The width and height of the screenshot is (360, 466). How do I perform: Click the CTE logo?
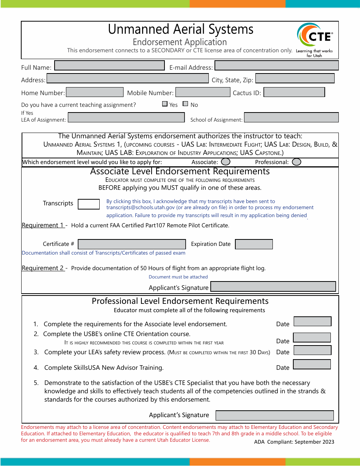(x=314, y=36)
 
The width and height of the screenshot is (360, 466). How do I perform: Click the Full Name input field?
(x=110, y=66)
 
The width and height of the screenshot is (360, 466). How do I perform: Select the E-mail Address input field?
(x=276, y=66)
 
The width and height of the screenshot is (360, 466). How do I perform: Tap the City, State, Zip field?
(x=295, y=78)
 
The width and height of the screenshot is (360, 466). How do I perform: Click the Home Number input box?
(x=95, y=92)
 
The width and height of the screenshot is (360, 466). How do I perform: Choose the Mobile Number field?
(x=203, y=92)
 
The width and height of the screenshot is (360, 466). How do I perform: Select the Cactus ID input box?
(x=294, y=92)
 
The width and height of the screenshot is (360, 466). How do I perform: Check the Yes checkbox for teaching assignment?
(x=165, y=104)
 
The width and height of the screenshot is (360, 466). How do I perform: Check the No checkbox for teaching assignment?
(x=185, y=104)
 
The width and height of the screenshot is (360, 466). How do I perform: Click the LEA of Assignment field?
(x=126, y=117)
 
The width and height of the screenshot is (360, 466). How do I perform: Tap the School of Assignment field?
(x=291, y=117)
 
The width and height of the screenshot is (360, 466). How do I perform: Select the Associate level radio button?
(x=225, y=162)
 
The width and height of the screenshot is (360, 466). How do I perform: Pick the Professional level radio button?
(x=297, y=162)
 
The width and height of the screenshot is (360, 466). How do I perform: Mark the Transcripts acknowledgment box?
(x=89, y=204)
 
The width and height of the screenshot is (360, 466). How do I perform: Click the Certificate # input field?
(x=132, y=244)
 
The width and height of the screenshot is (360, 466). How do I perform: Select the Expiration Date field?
(x=254, y=244)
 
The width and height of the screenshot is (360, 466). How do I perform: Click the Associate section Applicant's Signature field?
(x=273, y=286)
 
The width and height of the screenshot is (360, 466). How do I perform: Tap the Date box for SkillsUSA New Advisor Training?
(x=312, y=364)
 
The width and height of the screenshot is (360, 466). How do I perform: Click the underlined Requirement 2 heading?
(x=43, y=268)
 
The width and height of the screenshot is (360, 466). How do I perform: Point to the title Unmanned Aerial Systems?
(x=180, y=29)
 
